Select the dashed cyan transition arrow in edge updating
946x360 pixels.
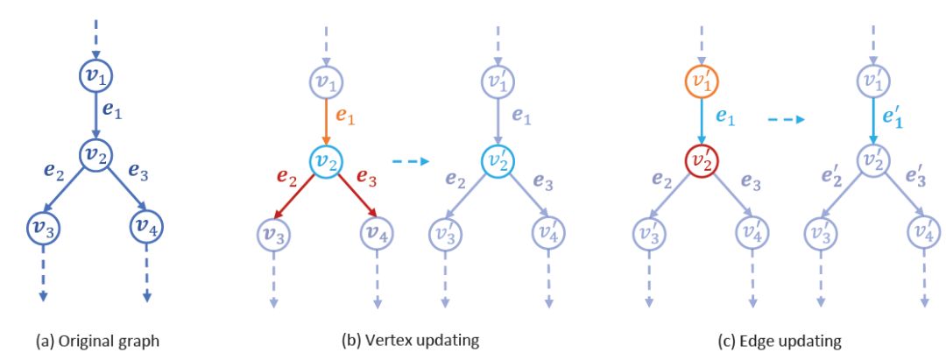[x=787, y=121]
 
